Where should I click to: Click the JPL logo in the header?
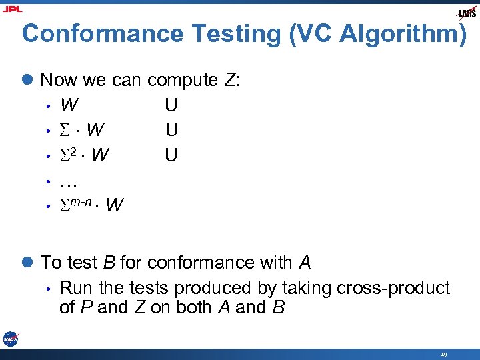click(13, 9)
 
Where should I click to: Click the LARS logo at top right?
click(466, 13)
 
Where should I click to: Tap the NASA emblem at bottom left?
click(10, 338)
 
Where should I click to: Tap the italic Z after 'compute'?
click(229, 81)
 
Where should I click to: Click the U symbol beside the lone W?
click(171, 105)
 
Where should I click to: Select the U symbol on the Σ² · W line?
click(171, 155)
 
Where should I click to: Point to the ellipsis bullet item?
click(69, 180)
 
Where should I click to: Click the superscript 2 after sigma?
click(76, 151)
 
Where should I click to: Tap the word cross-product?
click(393, 288)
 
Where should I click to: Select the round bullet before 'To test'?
click(28, 263)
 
